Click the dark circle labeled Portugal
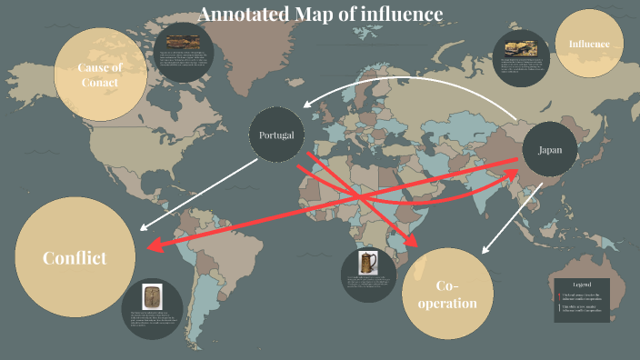pyautogui.click(x=276, y=135)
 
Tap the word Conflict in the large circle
pyautogui.click(x=75, y=258)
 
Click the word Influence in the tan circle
pyautogui.click(x=595, y=44)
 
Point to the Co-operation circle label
pyautogui.click(x=447, y=294)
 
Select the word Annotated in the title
pyautogui.click(x=240, y=15)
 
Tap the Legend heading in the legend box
pyautogui.click(x=581, y=285)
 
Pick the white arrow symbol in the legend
pyautogui.click(x=558, y=309)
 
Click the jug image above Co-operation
pyautogui.click(x=367, y=264)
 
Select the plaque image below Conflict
pyautogui.click(x=151, y=297)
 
